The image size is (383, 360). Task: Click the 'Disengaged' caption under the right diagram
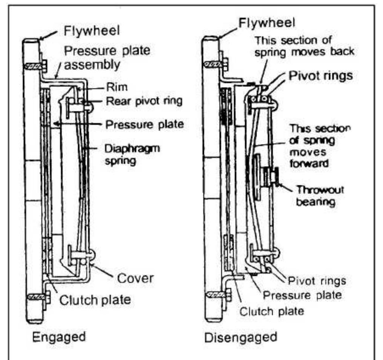point(241,337)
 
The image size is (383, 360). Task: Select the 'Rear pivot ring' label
point(145,101)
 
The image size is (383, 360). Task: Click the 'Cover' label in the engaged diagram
point(135,278)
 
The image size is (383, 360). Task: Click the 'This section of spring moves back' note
point(305,46)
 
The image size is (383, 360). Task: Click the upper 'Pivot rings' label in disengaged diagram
point(320,75)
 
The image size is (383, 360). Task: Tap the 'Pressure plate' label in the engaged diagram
point(145,125)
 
